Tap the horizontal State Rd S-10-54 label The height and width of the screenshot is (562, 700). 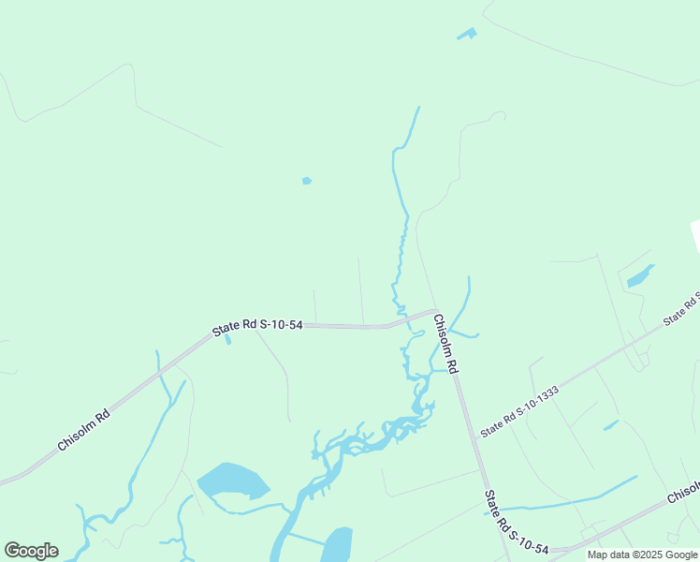click(257, 326)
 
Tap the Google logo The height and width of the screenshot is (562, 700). click(31, 551)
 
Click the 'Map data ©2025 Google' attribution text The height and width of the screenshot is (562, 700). click(642, 555)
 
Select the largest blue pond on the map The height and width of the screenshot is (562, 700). click(232, 481)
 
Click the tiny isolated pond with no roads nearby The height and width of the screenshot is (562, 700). click(307, 181)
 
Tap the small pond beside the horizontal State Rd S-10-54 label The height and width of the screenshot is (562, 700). click(228, 339)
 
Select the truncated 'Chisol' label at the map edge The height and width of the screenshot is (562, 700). click(683, 493)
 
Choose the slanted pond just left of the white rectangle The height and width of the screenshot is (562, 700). click(640, 275)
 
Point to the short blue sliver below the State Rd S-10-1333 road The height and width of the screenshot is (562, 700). click(611, 425)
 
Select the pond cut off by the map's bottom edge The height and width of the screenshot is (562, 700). click(336, 545)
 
